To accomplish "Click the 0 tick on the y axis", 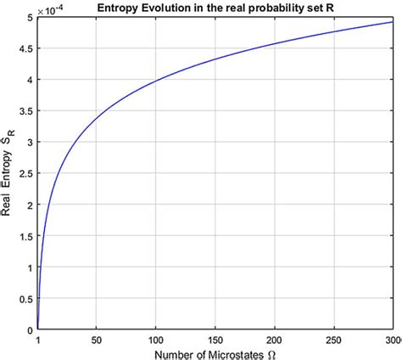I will pos(30,330).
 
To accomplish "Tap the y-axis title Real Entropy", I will pos(8,187).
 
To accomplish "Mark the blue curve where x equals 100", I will pos(156,81).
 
